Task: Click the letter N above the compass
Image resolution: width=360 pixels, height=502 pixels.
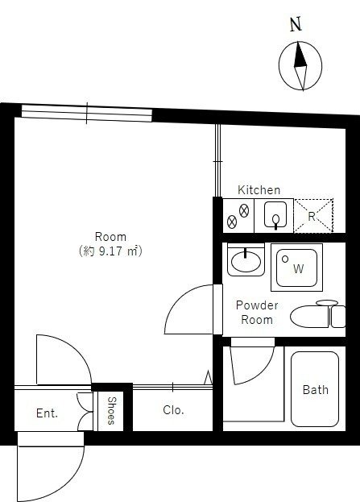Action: click(296, 24)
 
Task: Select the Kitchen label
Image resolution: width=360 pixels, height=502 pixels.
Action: click(259, 190)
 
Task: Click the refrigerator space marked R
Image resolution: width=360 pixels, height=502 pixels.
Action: click(313, 215)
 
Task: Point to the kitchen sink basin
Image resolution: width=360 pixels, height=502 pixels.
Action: click(275, 214)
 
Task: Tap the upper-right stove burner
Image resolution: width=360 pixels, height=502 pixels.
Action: click(244, 211)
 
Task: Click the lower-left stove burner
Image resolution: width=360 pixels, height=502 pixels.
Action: click(232, 222)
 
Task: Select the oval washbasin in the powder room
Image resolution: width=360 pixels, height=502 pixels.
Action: click(246, 261)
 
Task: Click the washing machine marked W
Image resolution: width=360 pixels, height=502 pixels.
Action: click(296, 268)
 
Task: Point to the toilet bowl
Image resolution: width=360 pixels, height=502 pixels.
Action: click(309, 317)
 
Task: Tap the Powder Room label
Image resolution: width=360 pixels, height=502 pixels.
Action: click(257, 313)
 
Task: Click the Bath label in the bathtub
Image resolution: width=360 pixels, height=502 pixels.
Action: click(316, 390)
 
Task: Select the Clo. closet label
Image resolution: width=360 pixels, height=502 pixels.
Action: click(173, 410)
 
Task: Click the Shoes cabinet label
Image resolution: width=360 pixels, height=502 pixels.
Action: click(110, 411)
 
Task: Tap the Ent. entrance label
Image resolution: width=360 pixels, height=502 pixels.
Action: click(47, 413)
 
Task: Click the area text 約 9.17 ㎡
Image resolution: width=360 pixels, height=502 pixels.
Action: click(110, 251)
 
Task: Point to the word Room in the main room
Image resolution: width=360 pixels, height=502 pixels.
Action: click(110, 237)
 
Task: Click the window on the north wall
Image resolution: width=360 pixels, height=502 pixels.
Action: click(87, 113)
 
